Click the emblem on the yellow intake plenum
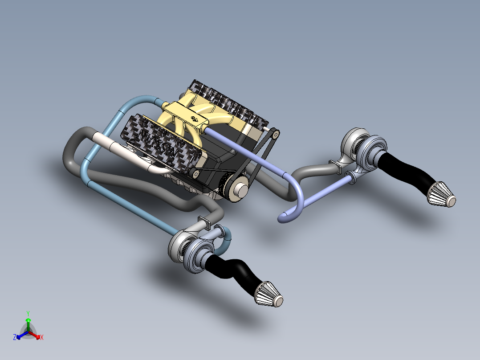[x=195, y=119]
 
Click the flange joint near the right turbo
[x=337, y=165]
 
